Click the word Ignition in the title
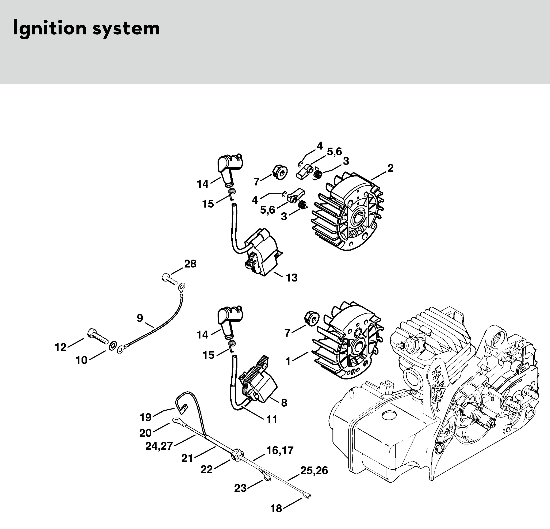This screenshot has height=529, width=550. click(49, 29)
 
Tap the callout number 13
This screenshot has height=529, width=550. click(292, 278)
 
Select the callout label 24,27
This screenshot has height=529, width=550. click(159, 446)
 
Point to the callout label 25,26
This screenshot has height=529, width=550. click(314, 470)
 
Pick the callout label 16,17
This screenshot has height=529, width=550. click(280, 451)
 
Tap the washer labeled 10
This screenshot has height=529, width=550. click(112, 344)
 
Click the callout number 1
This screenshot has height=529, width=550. click(288, 362)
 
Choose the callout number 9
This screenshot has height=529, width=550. click(140, 318)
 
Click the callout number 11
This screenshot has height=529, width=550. click(272, 420)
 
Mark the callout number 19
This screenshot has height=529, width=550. click(146, 417)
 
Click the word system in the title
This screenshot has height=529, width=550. click(126, 29)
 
